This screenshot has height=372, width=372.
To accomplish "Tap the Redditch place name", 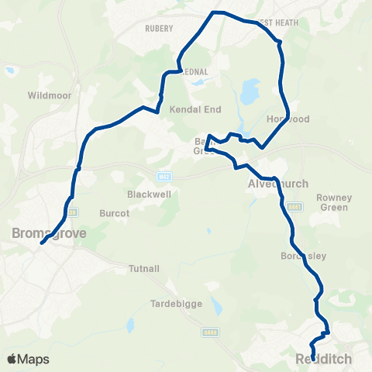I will (323, 359).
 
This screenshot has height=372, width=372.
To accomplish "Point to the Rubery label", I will (160, 29).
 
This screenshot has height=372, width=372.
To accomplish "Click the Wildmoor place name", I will (49, 95).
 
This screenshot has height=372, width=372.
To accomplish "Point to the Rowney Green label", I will (335, 202).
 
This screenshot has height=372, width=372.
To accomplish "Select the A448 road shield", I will (208, 332).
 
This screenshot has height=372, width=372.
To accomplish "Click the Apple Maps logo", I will (28, 360).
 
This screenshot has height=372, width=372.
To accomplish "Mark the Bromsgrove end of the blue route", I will (42, 243).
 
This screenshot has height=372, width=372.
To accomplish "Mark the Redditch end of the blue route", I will (313, 358).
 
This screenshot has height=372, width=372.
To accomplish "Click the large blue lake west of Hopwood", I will (249, 93).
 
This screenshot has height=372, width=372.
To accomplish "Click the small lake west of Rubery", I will (9, 71).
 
